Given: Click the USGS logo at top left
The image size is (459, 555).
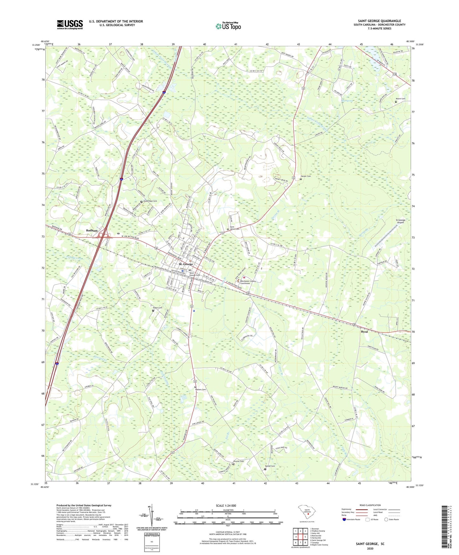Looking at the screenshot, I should (x=70, y=24).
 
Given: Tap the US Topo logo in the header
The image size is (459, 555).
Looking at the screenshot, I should (x=228, y=26).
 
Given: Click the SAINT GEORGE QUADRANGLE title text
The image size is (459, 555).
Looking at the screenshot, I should (x=379, y=21).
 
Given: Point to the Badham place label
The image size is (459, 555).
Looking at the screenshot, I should (x=92, y=230).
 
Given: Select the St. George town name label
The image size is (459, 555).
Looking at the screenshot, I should (x=186, y=264).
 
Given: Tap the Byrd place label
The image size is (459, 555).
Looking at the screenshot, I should (x=364, y=332).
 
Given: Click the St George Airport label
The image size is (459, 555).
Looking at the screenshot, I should (x=400, y=221).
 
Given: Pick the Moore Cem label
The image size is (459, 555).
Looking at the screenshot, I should (x=400, y=99).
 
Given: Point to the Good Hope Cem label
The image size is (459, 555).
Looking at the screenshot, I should (x=150, y=201).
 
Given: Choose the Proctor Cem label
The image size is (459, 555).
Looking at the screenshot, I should (x=239, y=461).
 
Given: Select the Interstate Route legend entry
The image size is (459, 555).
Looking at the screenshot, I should (x=353, y=519).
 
